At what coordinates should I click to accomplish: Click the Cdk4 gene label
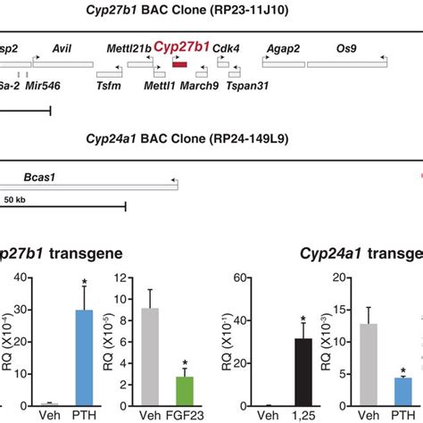(x=224, y=48)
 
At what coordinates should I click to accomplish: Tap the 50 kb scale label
(x=13, y=198)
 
